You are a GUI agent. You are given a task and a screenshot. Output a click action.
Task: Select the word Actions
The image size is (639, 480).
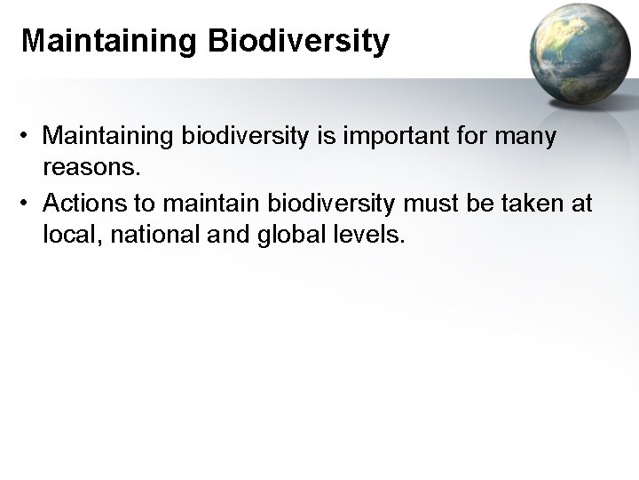point(81,204)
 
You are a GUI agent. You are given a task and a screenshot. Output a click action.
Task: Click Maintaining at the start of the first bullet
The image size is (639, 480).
point(107,137)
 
